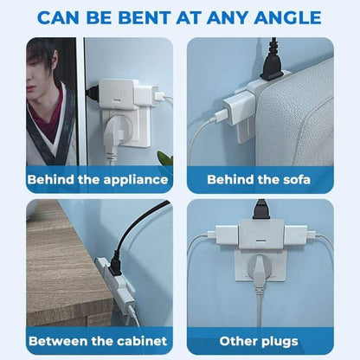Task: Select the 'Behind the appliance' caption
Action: point(97,179)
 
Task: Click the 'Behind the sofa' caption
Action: point(260,179)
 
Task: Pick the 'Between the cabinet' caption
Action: point(97,340)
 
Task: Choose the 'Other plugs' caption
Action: point(260,340)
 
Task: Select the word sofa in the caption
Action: point(294,179)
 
